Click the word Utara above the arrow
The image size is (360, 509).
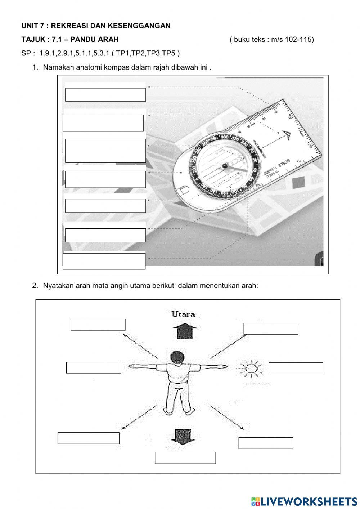(183, 314)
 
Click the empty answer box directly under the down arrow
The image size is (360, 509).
(185, 458)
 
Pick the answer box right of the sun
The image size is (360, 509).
(296, 368)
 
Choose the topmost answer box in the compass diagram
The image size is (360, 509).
(105, 95)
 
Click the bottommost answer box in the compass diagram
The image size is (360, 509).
(104, 261)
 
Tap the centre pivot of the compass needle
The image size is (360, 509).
(225, 166)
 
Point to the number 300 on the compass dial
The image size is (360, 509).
(225, 137)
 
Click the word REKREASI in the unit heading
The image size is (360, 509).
(69, 26)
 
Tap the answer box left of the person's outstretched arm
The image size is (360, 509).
(94, 367)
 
